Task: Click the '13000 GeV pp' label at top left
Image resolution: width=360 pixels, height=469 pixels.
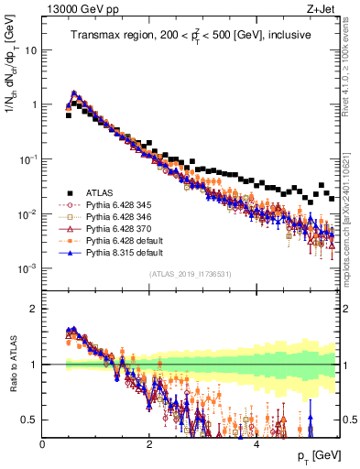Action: pos(76,10)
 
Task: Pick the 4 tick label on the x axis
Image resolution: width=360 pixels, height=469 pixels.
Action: pos(256,443)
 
